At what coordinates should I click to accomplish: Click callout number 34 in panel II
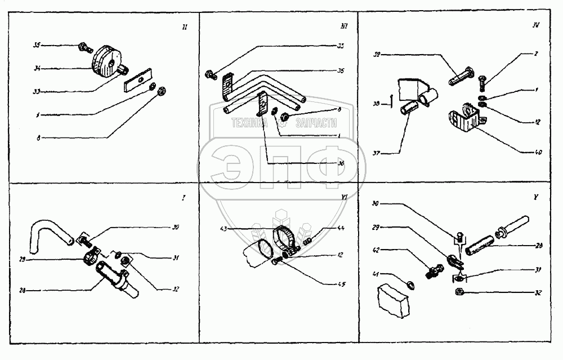coord(37,69)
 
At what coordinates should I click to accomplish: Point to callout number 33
coord(37,90)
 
